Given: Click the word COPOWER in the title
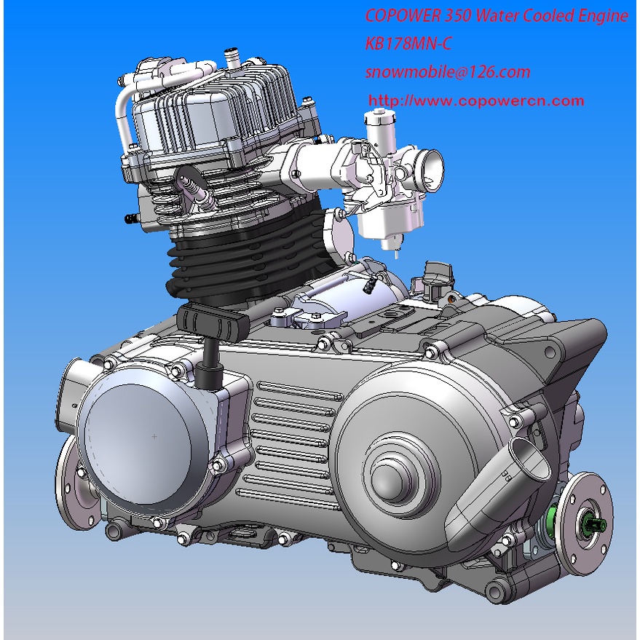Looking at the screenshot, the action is tap(403, 16).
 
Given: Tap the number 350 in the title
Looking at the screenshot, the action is tap(458, 16).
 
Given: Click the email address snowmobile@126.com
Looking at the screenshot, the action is tap(448, 72).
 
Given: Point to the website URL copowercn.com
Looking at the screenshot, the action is tap(476, 100).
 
